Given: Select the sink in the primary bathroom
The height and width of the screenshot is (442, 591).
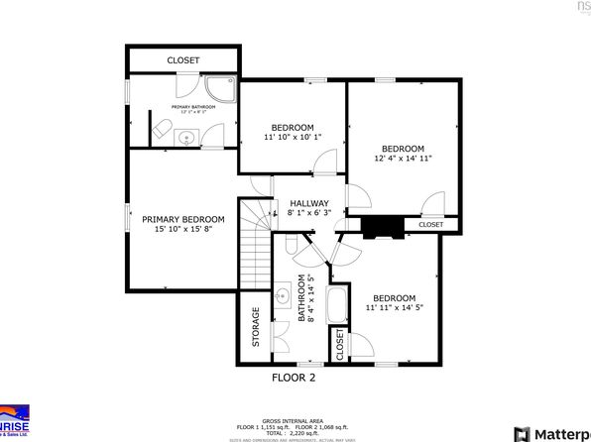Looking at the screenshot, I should tap(185, 137).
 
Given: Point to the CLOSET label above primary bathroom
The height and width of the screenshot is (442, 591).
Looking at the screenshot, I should tap(182, 60).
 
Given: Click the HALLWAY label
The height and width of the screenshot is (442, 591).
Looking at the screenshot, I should tap(308, 203).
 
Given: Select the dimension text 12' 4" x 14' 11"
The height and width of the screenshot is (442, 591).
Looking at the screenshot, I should tap(403, 158).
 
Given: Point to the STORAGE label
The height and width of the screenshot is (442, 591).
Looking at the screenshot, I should tap(255, 326).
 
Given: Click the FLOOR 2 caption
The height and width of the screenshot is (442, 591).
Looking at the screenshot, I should tap(294, 378).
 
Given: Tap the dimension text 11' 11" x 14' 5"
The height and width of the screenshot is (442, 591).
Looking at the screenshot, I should tap(395, 308).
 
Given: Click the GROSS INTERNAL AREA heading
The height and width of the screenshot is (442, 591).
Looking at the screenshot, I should tap(295, 419).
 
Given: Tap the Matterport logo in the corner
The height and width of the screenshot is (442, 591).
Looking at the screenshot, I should tap(555, 433).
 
